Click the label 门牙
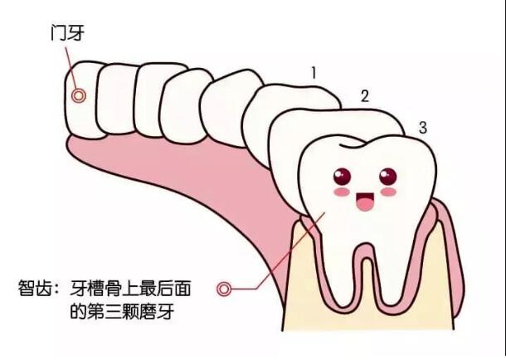[68, 33]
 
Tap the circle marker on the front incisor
[79, 96]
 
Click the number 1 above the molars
[314, 73]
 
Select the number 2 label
[365, 96]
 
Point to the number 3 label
[423, 128]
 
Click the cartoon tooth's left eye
[342, 177]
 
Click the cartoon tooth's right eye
[388, 177]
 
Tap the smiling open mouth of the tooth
[365, 202]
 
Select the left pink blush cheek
[342, 192]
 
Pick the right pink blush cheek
[388, 192]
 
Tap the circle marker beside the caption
[224, 289]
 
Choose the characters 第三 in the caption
[105, 311]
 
